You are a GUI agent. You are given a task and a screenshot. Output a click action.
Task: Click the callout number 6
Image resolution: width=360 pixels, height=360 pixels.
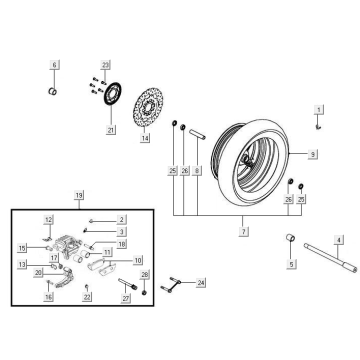54,65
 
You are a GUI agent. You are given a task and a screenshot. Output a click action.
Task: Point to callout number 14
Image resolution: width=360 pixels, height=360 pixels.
145,139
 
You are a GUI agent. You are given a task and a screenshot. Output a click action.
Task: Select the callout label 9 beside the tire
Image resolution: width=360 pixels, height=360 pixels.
313,155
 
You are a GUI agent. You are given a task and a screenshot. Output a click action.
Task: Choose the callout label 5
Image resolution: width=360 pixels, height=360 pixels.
291,265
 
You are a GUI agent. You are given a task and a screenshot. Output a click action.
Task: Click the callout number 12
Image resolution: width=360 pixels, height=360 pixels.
47,218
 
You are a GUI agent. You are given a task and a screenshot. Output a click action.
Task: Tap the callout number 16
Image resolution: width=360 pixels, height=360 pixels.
47,297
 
